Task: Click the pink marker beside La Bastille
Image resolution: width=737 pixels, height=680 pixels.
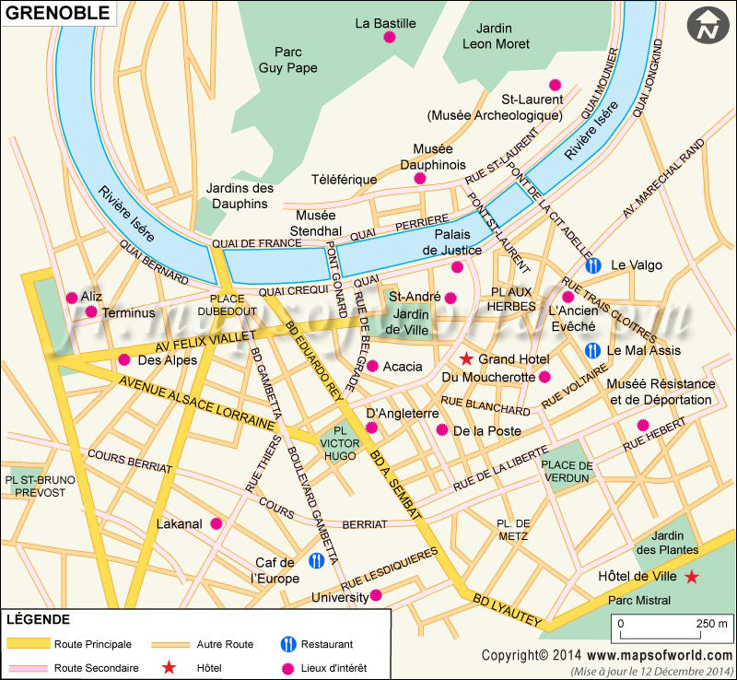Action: [x=389, y=38]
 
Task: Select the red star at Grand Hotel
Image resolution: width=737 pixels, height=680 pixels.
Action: [x=467, y=358]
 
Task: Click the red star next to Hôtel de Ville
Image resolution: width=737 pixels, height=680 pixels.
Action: [x=691, y=577]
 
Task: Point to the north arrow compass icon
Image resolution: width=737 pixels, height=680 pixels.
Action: [x=708, y=26]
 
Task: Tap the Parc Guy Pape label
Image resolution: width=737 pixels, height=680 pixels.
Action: [x=287, y=60]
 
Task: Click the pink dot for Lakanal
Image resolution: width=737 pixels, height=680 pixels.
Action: [x=216, y=523]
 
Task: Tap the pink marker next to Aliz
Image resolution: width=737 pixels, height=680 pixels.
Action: [x=72, y=297]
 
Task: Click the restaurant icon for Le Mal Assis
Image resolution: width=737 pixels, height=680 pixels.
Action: [x=594, y=350]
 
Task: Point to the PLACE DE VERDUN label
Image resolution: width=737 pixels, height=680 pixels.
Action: [x=566, y=471]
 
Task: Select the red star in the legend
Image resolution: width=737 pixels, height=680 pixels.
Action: [x=169, y=666]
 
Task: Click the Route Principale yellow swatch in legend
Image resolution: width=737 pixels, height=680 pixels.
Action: [x=27, y=644]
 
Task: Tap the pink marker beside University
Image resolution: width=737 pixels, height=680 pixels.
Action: [x=375, y=597]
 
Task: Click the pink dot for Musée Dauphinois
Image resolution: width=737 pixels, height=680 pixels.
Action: [x=420, y=179]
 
